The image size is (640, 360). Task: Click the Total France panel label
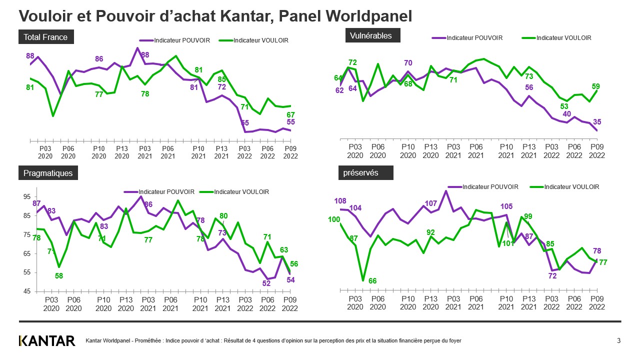45,37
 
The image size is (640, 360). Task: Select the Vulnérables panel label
371,35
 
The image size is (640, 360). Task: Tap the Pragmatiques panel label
48,173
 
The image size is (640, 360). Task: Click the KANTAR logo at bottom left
47,341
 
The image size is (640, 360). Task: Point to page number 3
618,341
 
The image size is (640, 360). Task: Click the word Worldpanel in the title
368,16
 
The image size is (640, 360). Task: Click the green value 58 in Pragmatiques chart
59,276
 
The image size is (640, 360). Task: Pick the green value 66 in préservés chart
372,281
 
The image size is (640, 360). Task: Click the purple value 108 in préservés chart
340,201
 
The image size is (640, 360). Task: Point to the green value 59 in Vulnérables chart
596,86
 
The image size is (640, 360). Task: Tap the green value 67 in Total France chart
290,114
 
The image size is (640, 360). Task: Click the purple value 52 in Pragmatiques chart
267,283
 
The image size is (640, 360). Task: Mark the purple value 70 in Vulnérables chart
408,62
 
